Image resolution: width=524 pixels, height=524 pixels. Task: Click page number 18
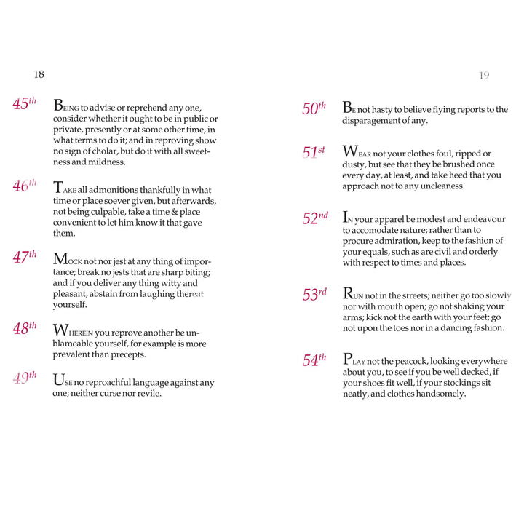click(39, 74)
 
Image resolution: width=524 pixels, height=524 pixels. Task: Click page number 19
click(485, 75)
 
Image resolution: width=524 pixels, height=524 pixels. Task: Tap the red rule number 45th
click(24, 104)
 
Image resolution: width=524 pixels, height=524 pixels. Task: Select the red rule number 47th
click(24, 257)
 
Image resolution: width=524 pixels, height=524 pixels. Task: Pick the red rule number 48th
click(24, 329)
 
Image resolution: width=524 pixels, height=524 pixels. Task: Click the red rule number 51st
click(314, 153)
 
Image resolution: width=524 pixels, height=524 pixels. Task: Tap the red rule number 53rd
click(314, 295)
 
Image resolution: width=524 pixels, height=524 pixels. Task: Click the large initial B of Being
click(58, 105)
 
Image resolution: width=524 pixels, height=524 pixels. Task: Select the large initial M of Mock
click(60, 258)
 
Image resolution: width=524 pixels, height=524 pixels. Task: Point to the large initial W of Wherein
click(60, 330)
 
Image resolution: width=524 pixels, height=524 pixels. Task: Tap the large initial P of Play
click(348, 359)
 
